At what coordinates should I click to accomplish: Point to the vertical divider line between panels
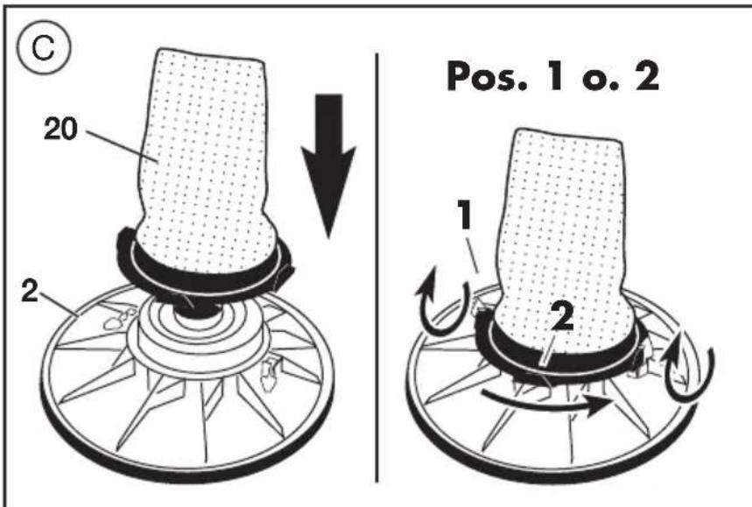(x=378, y=263)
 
